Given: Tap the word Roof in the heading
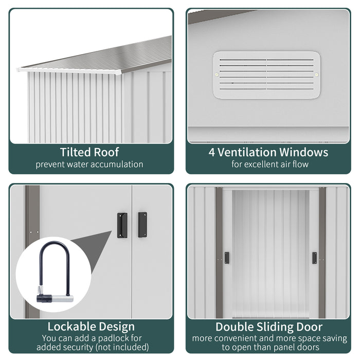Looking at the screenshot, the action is [106, 152].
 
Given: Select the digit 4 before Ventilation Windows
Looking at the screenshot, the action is [211, 152].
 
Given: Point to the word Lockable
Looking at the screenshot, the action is [71, 327].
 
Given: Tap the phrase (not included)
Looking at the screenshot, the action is [122, 347].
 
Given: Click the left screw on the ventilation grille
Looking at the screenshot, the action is [217, 75].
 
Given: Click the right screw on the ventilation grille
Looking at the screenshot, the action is [316, 75].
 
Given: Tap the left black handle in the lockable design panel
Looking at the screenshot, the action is [122, 225].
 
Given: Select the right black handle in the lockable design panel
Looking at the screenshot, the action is [142, 225].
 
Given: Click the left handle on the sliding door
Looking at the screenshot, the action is [227, 258].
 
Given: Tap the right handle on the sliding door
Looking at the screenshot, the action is [314, 258].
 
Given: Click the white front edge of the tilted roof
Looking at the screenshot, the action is [69, 71].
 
